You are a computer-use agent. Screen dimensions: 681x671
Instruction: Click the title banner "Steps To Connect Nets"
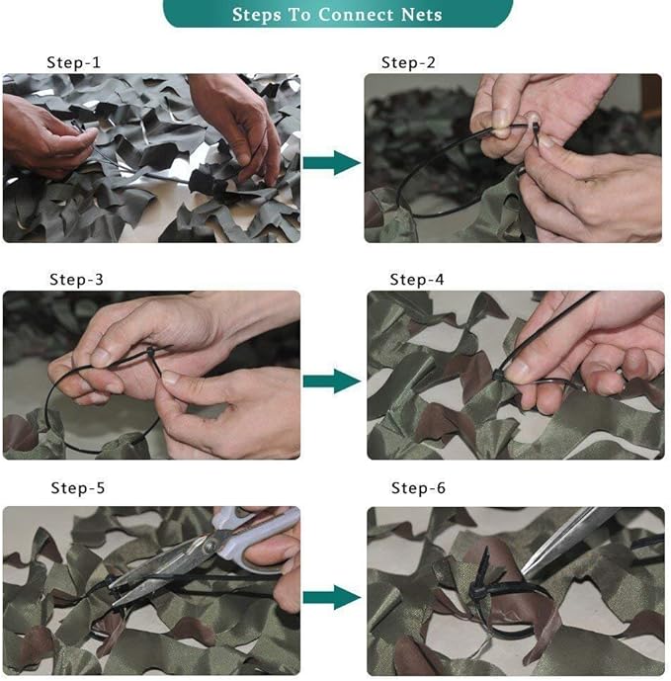point(336,14)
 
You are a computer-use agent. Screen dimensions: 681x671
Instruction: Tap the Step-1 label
point(74,62)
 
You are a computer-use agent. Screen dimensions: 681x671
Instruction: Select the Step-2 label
point(409,62)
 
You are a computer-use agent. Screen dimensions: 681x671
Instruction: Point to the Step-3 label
point(76,280)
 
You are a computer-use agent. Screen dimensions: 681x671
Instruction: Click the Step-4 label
point(417,280)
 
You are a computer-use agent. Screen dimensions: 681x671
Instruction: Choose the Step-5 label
point(78,488)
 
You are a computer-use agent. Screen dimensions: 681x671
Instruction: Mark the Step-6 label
point(418,488)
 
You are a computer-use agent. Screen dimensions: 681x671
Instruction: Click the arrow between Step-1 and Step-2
point(331,162)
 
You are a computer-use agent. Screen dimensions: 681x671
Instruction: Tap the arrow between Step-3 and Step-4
point(331,381)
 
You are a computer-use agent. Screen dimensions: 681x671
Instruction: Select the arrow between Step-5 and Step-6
point(331,597)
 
